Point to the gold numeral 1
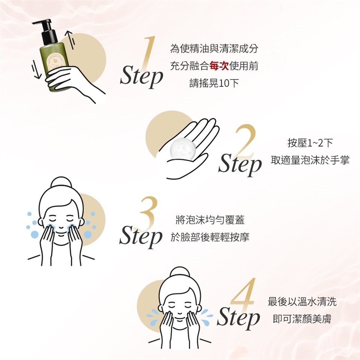148,53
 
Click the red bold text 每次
219,66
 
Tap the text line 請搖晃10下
214,83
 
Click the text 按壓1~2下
310,143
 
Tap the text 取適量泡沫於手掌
310,160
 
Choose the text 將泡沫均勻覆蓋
210,220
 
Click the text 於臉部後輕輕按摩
210,237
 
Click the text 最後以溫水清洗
302,301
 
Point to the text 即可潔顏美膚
302,319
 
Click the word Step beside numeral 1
141,75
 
